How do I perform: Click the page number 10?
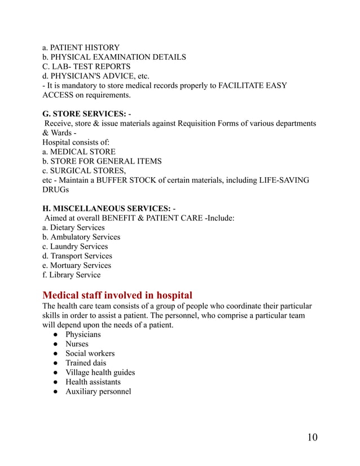[x=313, y=438]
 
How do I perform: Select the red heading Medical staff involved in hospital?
[x=117, y=295]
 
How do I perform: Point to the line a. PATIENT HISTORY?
[x=81, y=47]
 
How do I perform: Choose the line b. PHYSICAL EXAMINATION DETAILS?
[x=114, y=57]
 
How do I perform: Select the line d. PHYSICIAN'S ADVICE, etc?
[x=96, y=76]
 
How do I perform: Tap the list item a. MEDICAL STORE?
[x=79, y=152]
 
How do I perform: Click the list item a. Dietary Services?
[x=73, y=227]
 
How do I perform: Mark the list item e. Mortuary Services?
[x=77, y=265]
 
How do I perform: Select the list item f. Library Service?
[x=72, y=275]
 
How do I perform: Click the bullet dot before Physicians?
[x=51, y=335]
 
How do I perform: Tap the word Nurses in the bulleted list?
[x=77, y=344]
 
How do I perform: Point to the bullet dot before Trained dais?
[x=51, y=363]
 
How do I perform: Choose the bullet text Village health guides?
[x=100, y=372]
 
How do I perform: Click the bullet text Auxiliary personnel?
[x=98, y=391]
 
